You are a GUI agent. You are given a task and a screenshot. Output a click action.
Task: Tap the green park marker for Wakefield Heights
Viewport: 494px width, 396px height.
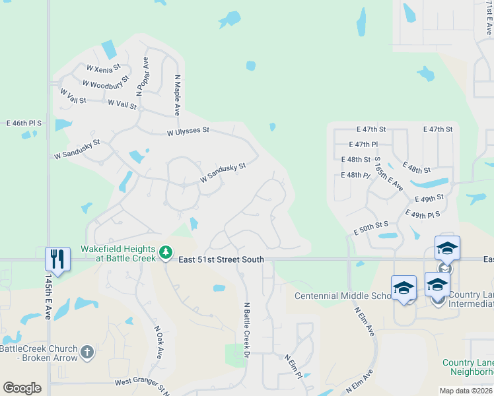[165, 252]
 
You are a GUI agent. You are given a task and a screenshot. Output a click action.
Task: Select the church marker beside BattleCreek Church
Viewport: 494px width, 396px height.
[87, 353]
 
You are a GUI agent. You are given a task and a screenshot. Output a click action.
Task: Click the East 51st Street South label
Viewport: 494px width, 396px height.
[221, 260]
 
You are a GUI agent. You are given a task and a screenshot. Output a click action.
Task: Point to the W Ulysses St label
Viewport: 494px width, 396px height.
[188, 131]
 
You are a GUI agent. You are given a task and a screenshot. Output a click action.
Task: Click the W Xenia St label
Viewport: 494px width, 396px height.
[103, 68]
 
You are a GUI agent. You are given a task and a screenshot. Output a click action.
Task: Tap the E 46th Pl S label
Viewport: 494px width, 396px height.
[24, 123]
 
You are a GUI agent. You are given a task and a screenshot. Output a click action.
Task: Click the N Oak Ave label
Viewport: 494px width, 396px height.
[159, 341]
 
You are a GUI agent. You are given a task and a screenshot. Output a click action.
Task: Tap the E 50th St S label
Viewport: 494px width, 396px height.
[371, 229]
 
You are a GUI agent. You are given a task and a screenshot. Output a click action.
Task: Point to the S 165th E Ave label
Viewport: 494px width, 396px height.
[388, 174]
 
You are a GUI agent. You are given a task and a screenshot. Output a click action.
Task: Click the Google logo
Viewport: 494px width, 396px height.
[22, 387]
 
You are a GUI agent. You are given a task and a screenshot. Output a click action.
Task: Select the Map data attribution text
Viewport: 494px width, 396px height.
[466, 391]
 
